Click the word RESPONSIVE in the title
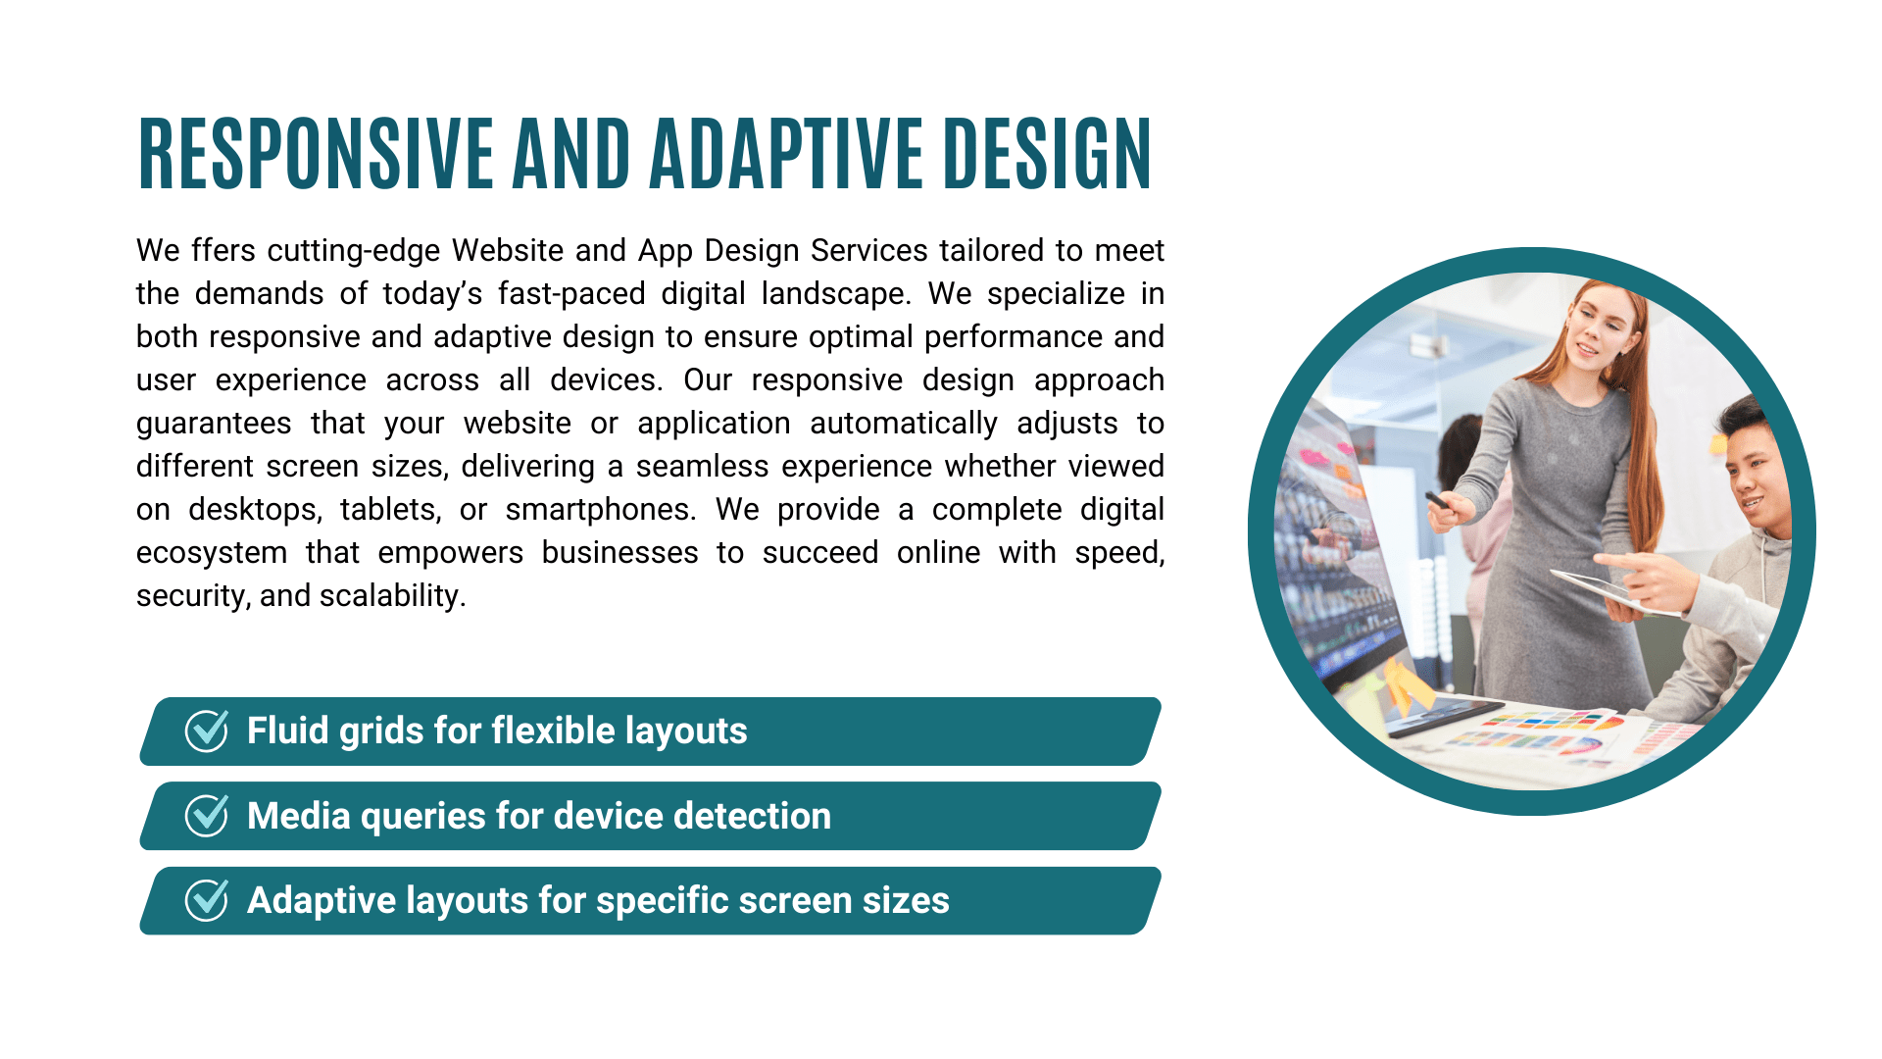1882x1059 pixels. click(x=316, y=154)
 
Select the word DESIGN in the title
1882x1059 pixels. click(x=1047, y=154)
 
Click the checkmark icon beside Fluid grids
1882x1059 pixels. click(x=207, y=731)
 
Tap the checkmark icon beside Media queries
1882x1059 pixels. click(x=207, y=816)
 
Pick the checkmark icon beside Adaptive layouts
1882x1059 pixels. click(x=207, y=900)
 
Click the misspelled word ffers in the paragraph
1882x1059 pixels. click(x=223, y=250)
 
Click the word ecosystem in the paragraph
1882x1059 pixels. click(x=212, y=553)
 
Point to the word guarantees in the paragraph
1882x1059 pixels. click(x=214, y=424)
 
